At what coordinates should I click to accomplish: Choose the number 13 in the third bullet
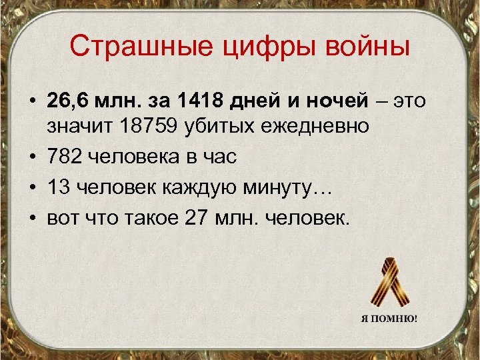(59, 189)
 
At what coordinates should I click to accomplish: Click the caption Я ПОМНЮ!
(389, 318)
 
